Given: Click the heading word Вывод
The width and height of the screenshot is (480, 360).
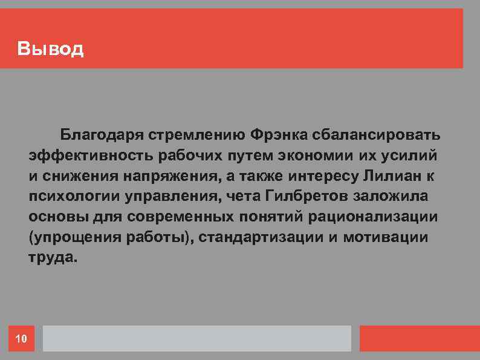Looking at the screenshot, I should coord(51,48).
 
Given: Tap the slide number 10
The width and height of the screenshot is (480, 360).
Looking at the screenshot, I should coord(21,339).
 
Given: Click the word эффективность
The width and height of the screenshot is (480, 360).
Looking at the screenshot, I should coord(91,154).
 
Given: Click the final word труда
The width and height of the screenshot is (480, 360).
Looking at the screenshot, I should coord(53,257).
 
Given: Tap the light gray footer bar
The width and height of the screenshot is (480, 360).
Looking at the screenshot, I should coord(196,339).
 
